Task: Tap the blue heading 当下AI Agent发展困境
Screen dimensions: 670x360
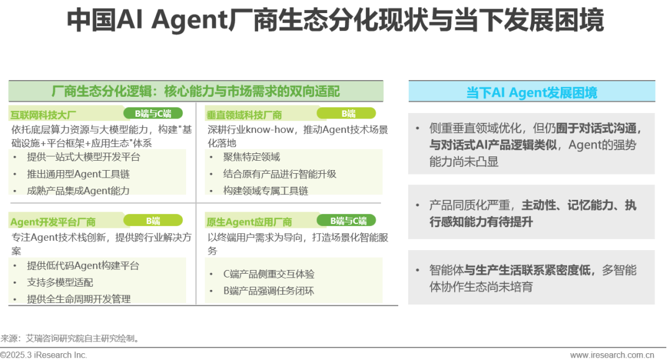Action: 532,92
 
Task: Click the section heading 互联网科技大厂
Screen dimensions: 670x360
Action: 43,115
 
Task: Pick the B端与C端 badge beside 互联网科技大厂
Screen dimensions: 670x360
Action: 153,114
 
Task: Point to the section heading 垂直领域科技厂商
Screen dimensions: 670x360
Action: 244,115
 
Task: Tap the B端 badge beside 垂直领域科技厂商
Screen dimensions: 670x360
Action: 346,114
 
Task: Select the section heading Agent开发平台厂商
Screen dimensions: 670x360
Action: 53,222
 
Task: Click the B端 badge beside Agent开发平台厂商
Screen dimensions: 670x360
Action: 153,220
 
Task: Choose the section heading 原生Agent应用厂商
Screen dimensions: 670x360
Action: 249,222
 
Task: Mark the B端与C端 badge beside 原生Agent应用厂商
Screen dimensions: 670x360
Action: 346,220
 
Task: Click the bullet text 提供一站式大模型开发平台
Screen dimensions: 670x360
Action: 83,157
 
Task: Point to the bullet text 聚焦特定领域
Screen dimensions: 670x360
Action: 251,157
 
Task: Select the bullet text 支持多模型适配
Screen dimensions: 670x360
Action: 60,282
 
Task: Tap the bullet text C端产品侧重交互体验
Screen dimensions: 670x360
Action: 269,274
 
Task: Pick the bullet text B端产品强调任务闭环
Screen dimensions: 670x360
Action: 269,290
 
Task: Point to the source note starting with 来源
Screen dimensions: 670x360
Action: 70,339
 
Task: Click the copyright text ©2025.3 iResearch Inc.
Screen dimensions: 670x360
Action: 43,355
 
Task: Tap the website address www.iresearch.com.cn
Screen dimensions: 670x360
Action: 612,355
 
